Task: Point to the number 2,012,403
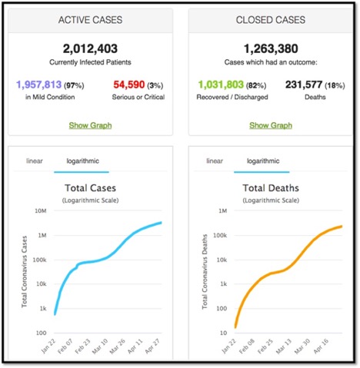click(92, 48)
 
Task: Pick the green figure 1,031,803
click(220, 84)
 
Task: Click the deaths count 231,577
click(305, 84)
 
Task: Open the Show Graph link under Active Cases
click(92, 125)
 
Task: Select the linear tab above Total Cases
click(34, 161)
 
